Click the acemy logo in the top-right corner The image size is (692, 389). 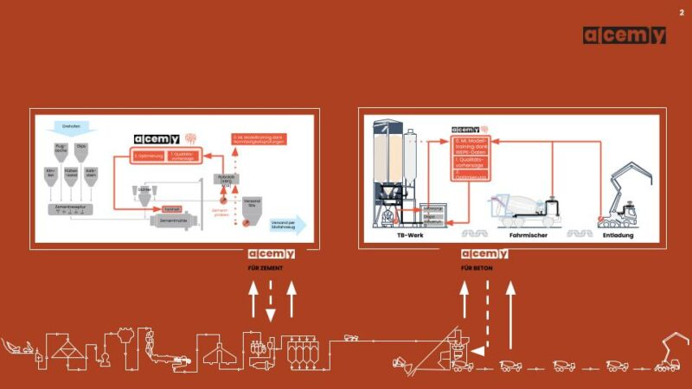click(624, 35)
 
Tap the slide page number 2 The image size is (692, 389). click(681, 12)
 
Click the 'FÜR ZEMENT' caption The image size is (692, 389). click(266, 268)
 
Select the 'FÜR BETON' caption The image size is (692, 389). click(478, 268)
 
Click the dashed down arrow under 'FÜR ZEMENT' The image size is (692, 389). click(271, 303)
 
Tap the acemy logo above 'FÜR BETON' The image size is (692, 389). click(484, 254)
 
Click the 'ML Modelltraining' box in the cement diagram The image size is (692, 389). click(259, 139)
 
